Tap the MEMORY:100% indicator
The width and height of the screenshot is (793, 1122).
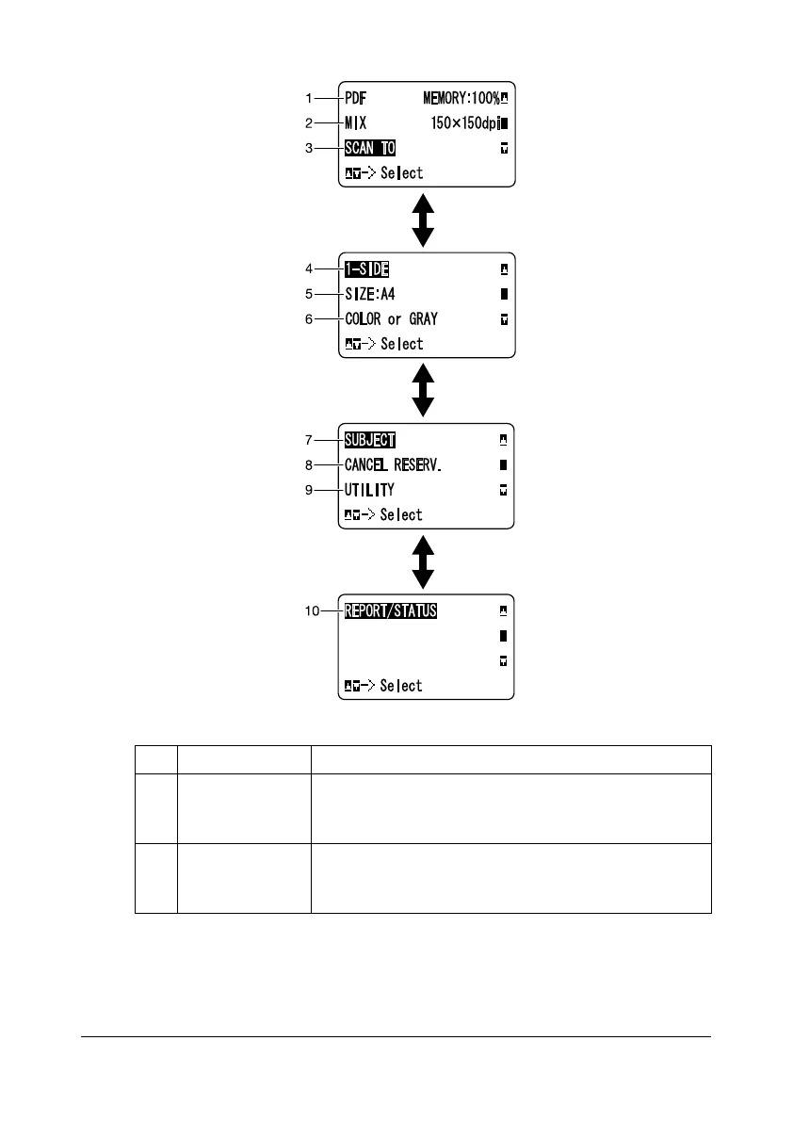[459, 97]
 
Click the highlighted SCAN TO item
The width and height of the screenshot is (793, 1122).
[370, 148]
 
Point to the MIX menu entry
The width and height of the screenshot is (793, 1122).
[356, 122]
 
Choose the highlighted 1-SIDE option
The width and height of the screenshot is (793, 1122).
[367, 268]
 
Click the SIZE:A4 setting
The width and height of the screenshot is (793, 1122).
[370, 294]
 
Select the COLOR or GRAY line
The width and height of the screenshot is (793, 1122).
[391, 319]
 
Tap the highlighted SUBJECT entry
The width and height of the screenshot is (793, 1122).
[370, 440]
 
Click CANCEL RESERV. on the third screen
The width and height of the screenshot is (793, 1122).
[392, 464]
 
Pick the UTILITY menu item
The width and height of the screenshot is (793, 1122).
[370, 490]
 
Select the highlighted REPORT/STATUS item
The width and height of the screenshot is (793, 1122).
[391, 610]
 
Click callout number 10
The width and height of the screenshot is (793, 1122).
[310, 610]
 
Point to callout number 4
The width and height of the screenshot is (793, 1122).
[308, 268]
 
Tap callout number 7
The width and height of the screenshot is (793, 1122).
[308, 440]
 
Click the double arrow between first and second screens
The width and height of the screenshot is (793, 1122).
[424, 220]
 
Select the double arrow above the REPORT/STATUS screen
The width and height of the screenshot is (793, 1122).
[424, 562]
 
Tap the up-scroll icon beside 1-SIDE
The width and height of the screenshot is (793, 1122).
[503, 268]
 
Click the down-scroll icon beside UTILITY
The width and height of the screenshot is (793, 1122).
[503, 490]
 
